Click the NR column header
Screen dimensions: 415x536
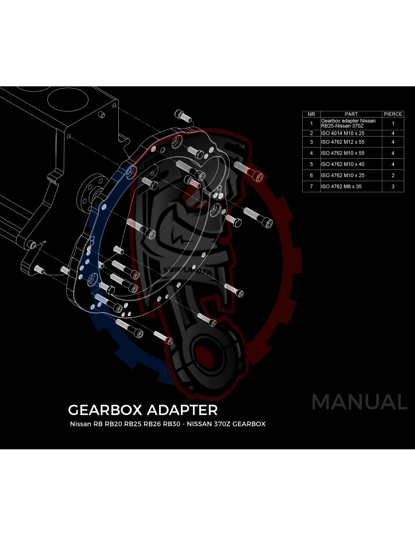click(311, 114)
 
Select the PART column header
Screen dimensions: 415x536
click(351, 114)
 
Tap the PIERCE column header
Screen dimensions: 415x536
click(393, 114)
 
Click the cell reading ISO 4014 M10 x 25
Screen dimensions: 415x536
click(343, 133)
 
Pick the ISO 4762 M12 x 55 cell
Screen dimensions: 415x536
click(343, 142)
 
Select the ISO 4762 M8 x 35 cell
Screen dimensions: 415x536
click(341, 187)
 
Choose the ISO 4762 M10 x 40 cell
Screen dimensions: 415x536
click(343, 164)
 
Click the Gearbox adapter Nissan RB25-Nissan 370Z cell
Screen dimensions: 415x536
click(348, 123)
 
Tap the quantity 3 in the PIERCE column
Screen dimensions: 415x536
click(393, 187)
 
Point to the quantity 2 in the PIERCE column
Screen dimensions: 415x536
click(393, 175)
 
